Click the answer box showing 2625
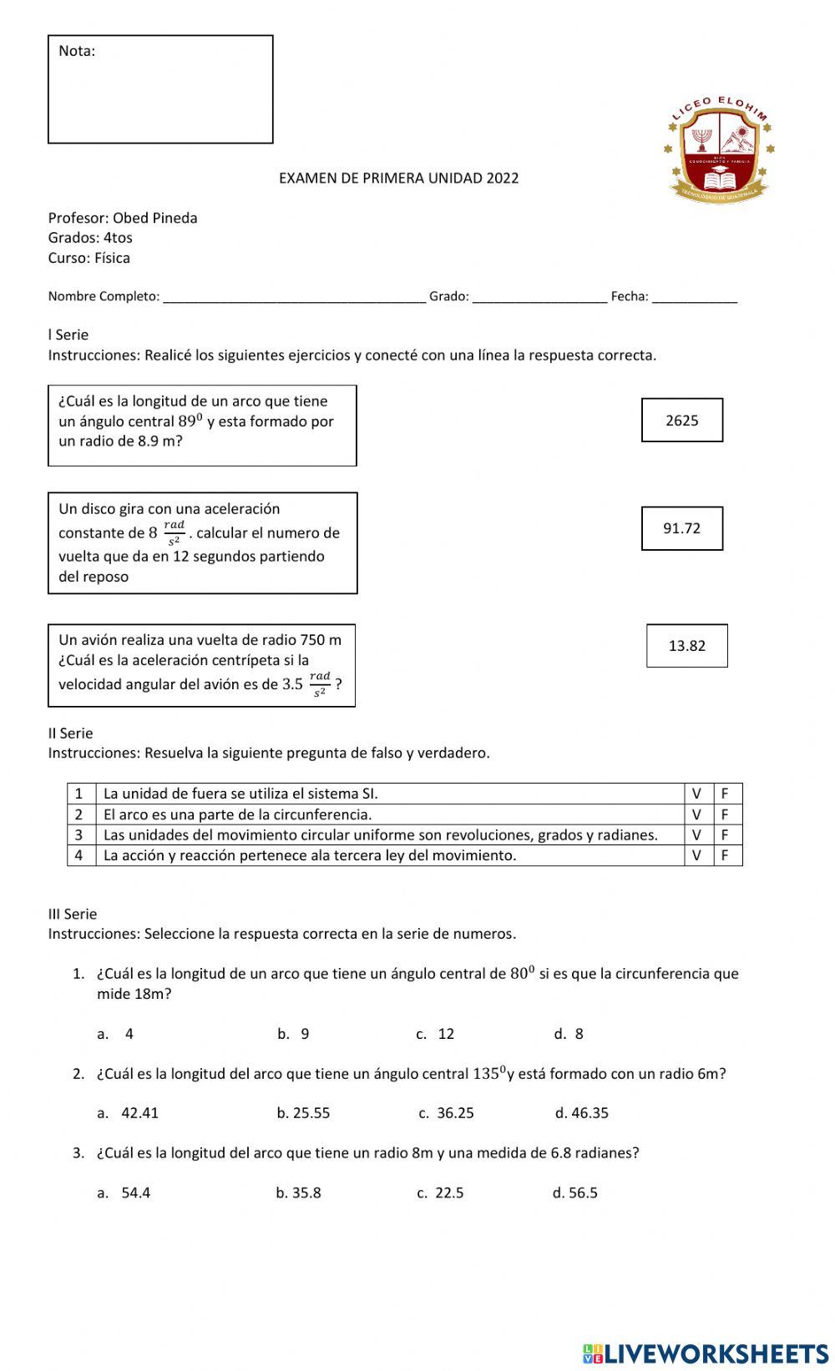coord(681,420)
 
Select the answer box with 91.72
coord(681,528)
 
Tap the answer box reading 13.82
coord(686,646)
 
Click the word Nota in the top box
coord(77,51)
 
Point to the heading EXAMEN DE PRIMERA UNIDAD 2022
coord(398,178)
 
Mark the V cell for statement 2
coord(697,814)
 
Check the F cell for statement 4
coord(726,855)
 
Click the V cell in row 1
coord(697,794)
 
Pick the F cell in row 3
coord(726,834)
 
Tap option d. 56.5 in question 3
coord(575,1193)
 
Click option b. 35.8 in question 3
coord(299,1193)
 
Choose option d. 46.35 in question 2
coord(582,1113)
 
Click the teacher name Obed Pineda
coord(155,218)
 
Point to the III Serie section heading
coord(73,914)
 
